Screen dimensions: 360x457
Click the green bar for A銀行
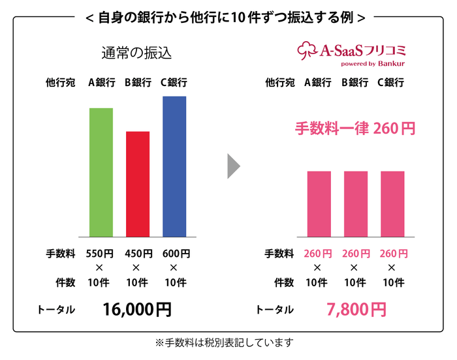[x=101, y=172]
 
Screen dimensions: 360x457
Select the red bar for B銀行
[x=137, y=184]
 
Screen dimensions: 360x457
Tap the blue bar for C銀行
[x=174, y=166]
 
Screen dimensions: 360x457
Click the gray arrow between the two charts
[x=233, y=166]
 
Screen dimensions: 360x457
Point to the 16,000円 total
[x=136, y=309]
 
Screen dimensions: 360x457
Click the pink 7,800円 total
[x=356, y=309]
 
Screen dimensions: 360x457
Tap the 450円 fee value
[x=136, y=253]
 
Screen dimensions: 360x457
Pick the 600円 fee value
[x=174, y=253]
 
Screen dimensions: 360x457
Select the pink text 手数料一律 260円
[x=355, y=128]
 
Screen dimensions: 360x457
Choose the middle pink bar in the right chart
[x=356, y=203]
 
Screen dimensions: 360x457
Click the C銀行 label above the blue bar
[x=174, y=83]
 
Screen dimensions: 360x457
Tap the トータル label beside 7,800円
[x=274, y=310]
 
